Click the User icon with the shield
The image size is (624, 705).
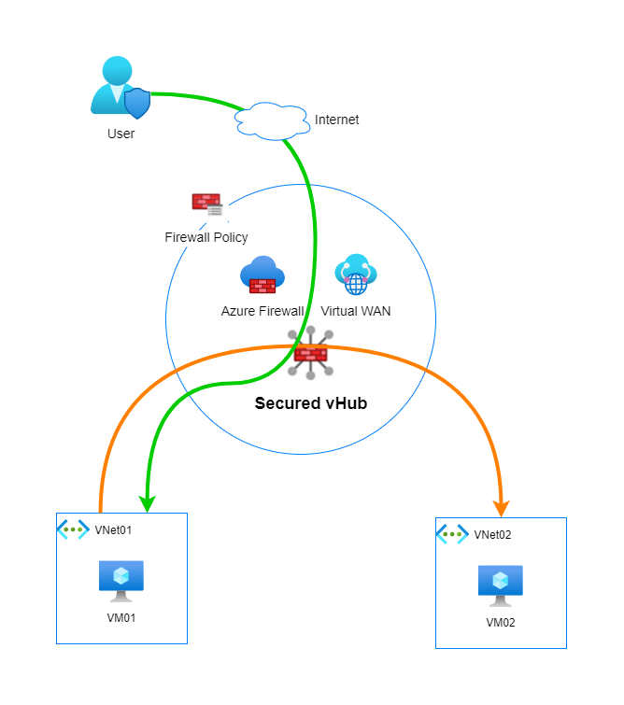121,88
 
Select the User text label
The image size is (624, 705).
121,134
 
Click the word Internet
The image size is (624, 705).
336,120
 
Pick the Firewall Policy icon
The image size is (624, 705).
206,204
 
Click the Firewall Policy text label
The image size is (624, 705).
206,237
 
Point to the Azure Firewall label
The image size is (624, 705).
262,311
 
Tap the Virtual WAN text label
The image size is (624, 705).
355,311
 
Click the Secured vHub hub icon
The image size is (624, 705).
310,353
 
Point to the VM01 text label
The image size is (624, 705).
121,617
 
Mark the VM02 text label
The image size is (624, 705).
501,622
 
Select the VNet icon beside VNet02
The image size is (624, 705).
453,534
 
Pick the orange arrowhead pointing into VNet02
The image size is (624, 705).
501,507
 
